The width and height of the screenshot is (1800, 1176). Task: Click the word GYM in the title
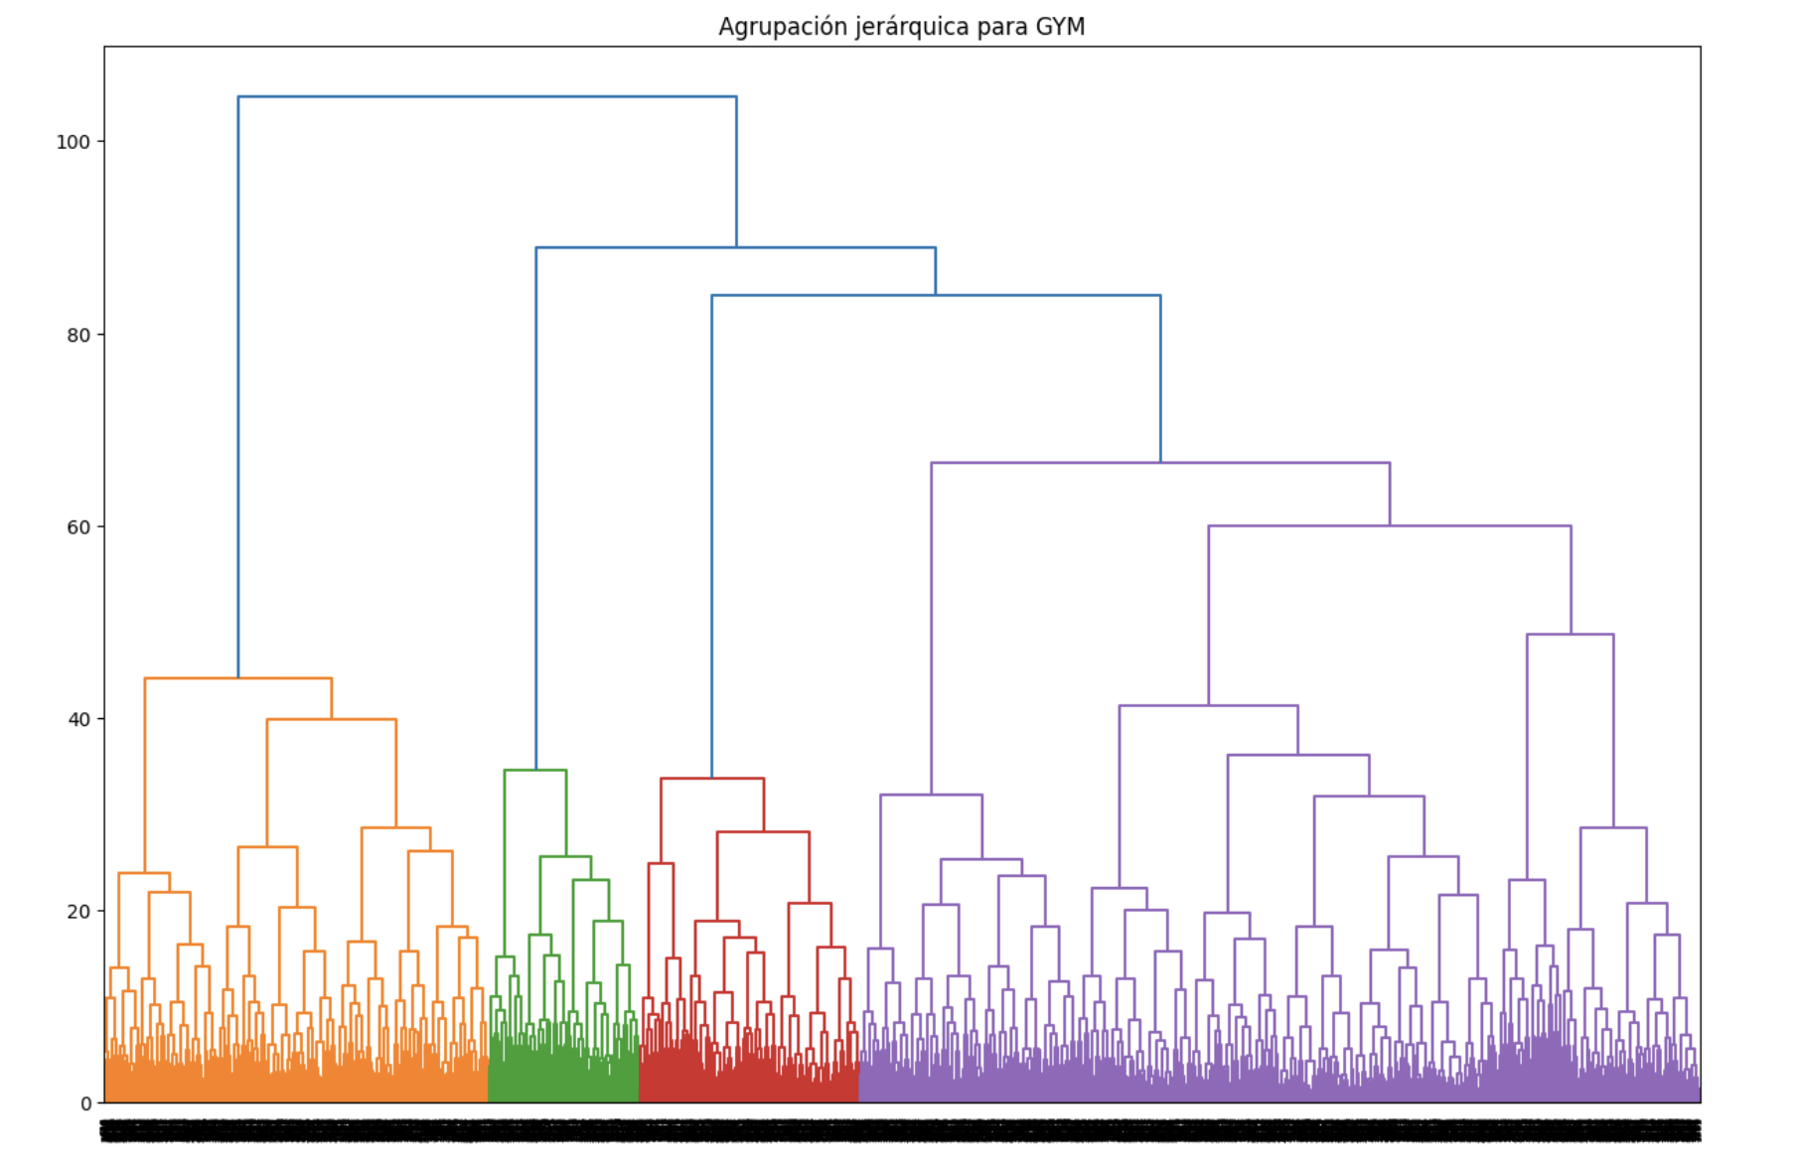coord(1060,27)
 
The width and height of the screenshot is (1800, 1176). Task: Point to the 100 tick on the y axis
coord(73,142)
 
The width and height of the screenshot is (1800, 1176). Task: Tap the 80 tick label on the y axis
coord(78,335)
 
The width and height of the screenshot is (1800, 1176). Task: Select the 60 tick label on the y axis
coord(78,527)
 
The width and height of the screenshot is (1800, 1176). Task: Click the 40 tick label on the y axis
coord(78,719)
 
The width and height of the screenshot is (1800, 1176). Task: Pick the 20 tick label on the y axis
coord(78,911)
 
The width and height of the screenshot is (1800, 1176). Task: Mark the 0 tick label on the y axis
coord(85,1103)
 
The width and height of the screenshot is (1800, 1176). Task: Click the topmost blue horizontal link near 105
coord(487,97)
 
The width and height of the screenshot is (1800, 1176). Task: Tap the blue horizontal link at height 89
coord(735,247)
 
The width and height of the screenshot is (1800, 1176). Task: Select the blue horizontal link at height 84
coord(936,295)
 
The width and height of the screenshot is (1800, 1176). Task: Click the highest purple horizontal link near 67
coord(1160,463)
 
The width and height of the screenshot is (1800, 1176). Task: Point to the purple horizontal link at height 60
coord(1389,526)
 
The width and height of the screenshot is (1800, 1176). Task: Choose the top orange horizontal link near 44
coord(238,678)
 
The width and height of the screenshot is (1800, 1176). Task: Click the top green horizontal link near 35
coord(535,771)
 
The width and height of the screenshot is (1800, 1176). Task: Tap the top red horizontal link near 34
coord(712,779)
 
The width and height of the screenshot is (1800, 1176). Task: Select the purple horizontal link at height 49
coord(1570,635)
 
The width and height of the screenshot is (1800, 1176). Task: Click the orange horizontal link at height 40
coord(332,719)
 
